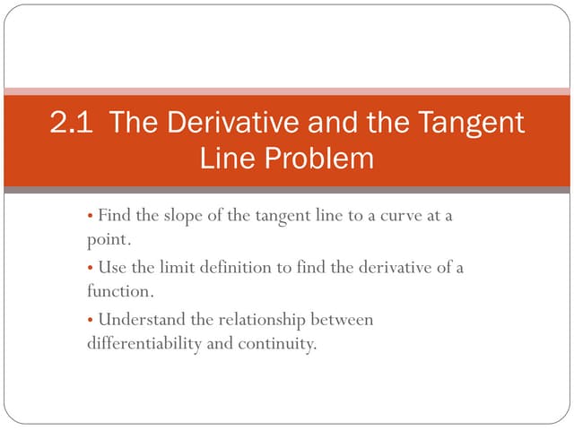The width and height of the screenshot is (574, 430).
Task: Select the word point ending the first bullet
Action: (x=109, y=241)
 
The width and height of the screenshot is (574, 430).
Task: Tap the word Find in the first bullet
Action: (x=114, y=216)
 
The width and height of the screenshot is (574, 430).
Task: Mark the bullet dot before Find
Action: (x=91, y=217)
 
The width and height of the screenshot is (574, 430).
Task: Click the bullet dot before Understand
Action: (x=91, y=320)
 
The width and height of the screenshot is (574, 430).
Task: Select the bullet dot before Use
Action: (x=91, y=269)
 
